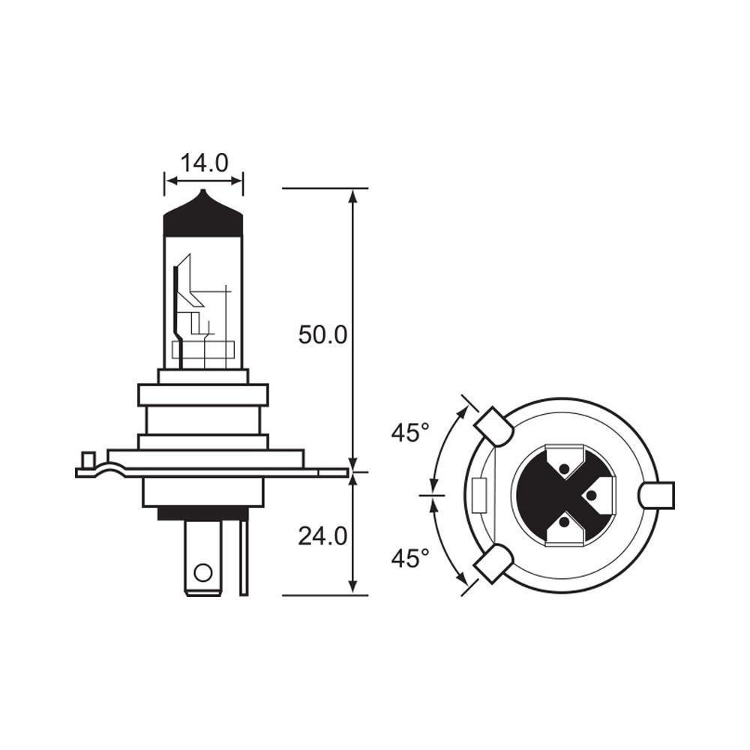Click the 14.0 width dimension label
click(x=204, y=163)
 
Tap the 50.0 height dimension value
click(x=322, y=334)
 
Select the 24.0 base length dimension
click(x=322, y=535)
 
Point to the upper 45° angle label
click(x=410, y=433)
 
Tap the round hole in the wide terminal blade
click(x=202, y=574)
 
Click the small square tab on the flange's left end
click(x=88, y=458)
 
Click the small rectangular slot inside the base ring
click(x=479, y=495)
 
